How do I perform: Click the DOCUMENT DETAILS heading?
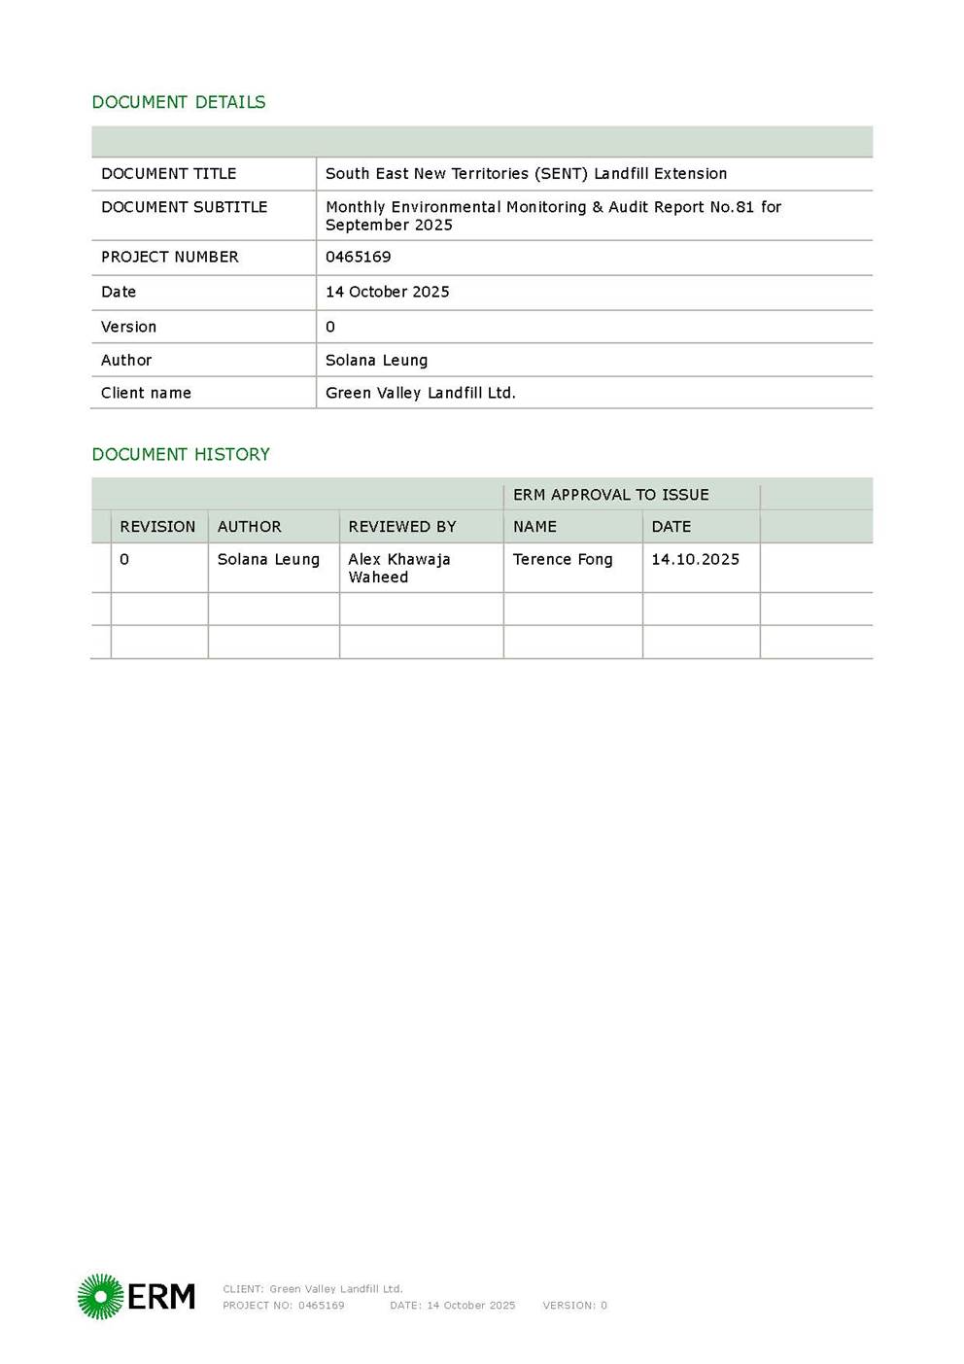pos(178,102)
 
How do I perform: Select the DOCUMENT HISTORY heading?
pos(181,454)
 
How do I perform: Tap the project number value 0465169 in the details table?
pos(358,257)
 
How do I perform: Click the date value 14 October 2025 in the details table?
pos(387,292)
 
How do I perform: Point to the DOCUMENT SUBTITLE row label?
pos(184,207)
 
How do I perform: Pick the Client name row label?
pos(146,393)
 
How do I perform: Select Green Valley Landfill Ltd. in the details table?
pos(420,393)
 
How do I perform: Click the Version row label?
pos(128,327)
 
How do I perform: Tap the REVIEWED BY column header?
pos(401,527)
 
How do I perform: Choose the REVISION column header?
pos(157,527)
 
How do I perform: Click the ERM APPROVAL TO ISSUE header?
pos(610,495)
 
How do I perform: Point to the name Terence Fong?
pos(563,559)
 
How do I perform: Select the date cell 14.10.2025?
pos(695,559)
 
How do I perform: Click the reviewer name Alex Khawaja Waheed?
pos(398,568)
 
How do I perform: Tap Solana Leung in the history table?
pos(268,559)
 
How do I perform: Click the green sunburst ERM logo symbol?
pos(100,1296)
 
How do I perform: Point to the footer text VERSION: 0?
pos(574,1306)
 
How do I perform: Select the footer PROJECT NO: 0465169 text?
pos(283,1306)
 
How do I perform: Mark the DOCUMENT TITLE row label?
pos(168,173)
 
